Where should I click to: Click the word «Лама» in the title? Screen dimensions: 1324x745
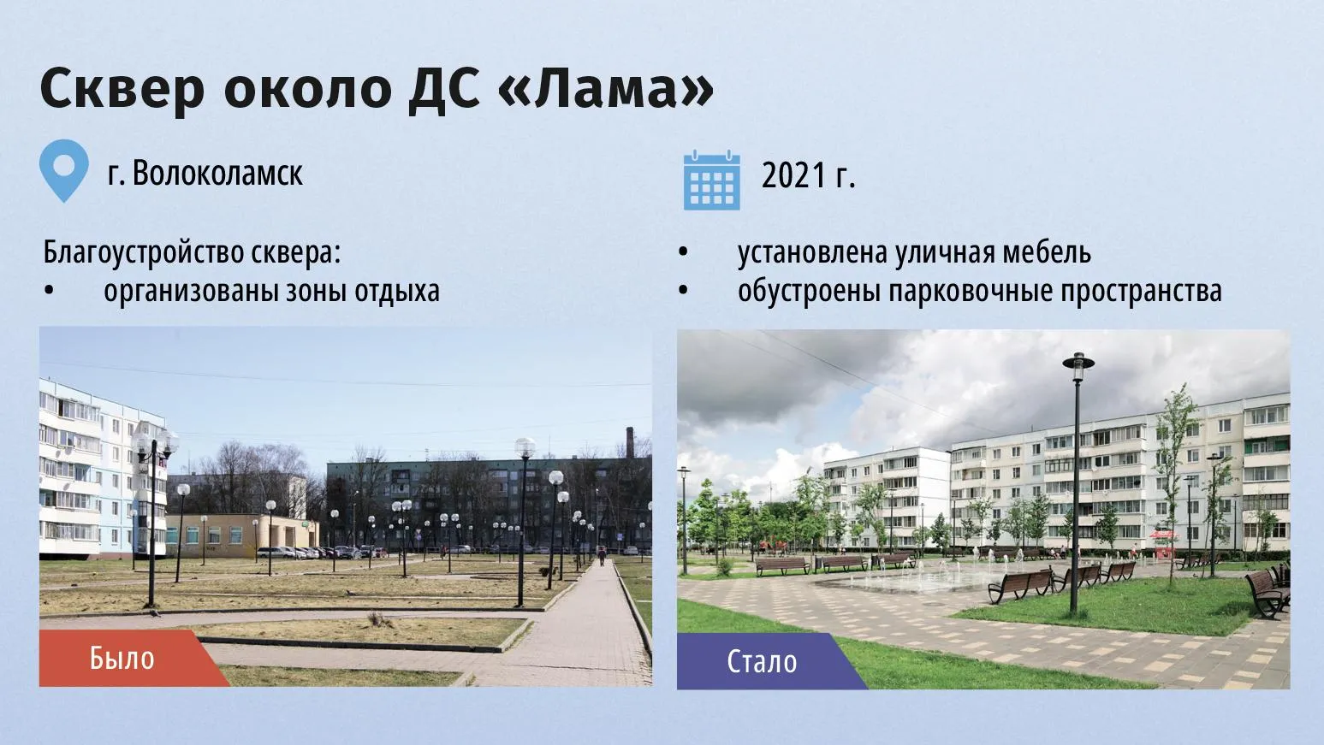point(607,89)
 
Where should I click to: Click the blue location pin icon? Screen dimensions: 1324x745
point(64,171)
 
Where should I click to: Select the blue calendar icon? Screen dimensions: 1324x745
point(712,180)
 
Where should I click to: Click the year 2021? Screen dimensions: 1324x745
point(793,175)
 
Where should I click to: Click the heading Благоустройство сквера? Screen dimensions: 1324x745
point(192,253)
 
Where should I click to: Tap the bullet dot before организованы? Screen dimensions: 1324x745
point(49,291)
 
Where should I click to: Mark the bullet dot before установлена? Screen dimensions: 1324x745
point(683,252)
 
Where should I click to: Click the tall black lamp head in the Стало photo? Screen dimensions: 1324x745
point(1078,366)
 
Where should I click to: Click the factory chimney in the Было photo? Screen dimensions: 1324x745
point(630,442)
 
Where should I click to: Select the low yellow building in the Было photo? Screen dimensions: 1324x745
point(242,535)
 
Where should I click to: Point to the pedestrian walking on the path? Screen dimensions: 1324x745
point(602,556)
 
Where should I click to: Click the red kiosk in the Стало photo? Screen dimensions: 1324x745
point(1162,543)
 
